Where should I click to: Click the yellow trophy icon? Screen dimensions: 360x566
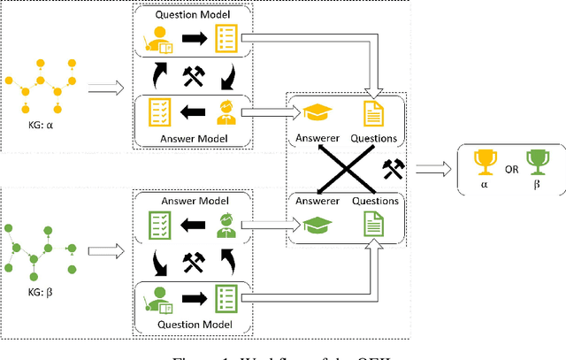tap(483, 163)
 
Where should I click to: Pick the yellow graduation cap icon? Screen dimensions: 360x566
tap(317, 112)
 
